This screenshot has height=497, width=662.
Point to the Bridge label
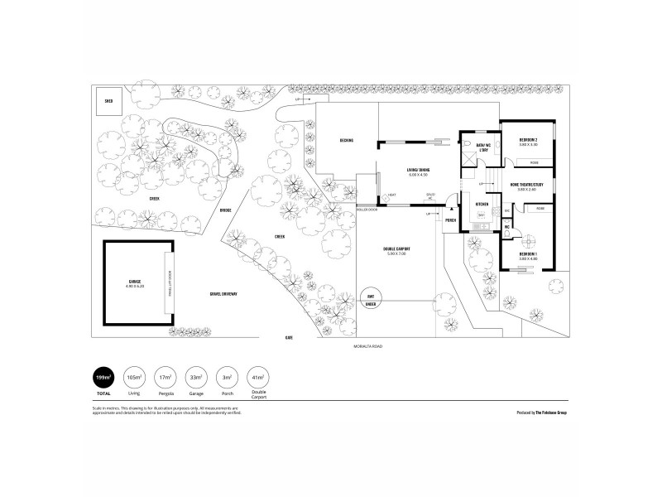224,210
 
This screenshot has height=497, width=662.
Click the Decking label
346,140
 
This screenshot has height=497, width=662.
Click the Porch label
451,221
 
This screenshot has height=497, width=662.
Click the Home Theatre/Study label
526,185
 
